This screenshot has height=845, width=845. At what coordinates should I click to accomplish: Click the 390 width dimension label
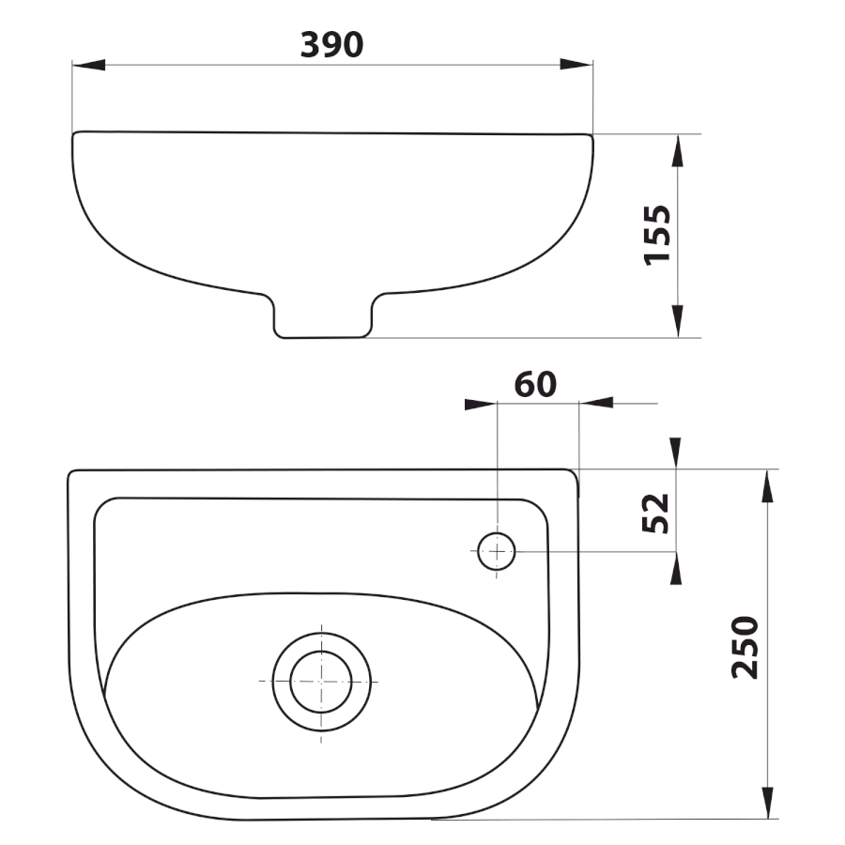(331, 44)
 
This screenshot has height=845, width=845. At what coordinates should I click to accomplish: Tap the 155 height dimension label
(657, 235)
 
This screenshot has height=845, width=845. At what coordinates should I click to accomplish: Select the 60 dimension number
(535, 384)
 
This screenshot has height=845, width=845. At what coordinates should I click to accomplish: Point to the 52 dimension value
(655, 514)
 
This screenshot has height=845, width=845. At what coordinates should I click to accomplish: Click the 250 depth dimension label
(745, 647)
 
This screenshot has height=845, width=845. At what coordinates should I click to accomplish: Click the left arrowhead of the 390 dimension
(89, 65)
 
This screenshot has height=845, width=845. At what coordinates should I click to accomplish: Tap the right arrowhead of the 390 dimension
(576, 64)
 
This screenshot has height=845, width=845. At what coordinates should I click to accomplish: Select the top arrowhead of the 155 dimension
(678, 151)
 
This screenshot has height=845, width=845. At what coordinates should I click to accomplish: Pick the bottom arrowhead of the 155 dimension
(678, 321)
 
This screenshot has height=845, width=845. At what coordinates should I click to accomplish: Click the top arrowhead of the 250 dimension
(767, 486)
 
